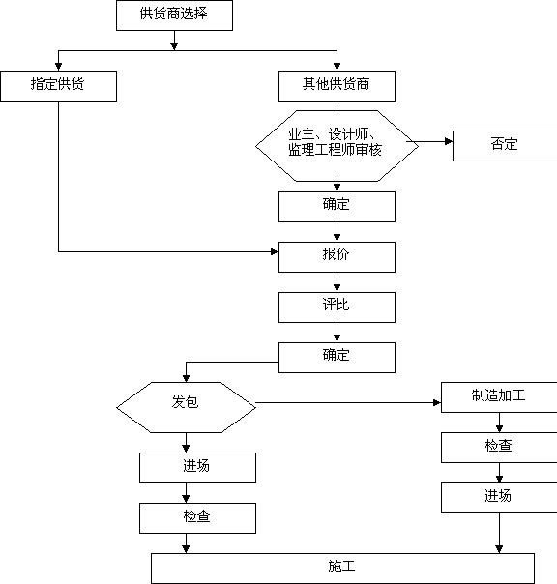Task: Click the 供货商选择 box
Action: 174,15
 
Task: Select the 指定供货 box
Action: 58,86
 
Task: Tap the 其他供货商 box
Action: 337,86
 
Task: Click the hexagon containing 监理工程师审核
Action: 337,146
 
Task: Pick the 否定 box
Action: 505,146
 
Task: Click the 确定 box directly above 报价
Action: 337,207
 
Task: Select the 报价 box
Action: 337,257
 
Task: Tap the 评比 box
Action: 337,307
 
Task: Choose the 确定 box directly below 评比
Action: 337,358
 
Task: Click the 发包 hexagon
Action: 186,407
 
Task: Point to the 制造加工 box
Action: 499,397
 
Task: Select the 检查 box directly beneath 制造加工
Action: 499,448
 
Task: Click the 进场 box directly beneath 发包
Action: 198,468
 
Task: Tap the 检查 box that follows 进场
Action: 198,518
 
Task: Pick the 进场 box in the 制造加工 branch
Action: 499,498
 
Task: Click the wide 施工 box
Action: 342,569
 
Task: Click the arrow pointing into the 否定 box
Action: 429,141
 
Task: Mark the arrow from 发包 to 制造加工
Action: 348,402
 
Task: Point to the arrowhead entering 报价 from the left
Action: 275,251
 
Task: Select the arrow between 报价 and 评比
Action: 337,282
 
